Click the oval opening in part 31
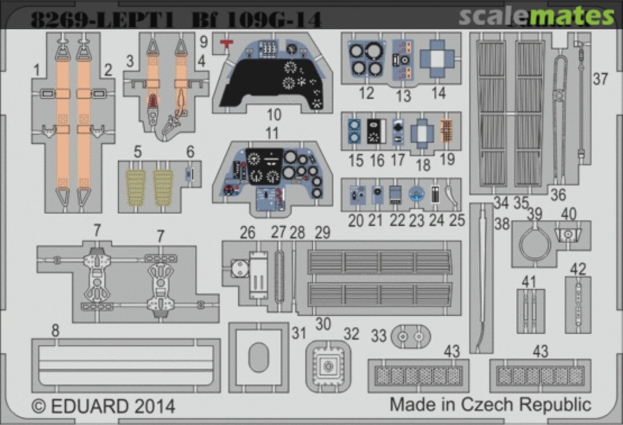click(258, 359)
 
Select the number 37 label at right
click(601, 79)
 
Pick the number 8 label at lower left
click(55, 331)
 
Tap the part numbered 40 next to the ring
click(568, 234)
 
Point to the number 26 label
click(247, 233)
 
